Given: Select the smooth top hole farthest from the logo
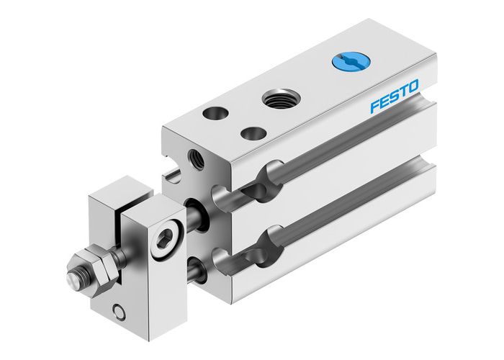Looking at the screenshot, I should point(213,113).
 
